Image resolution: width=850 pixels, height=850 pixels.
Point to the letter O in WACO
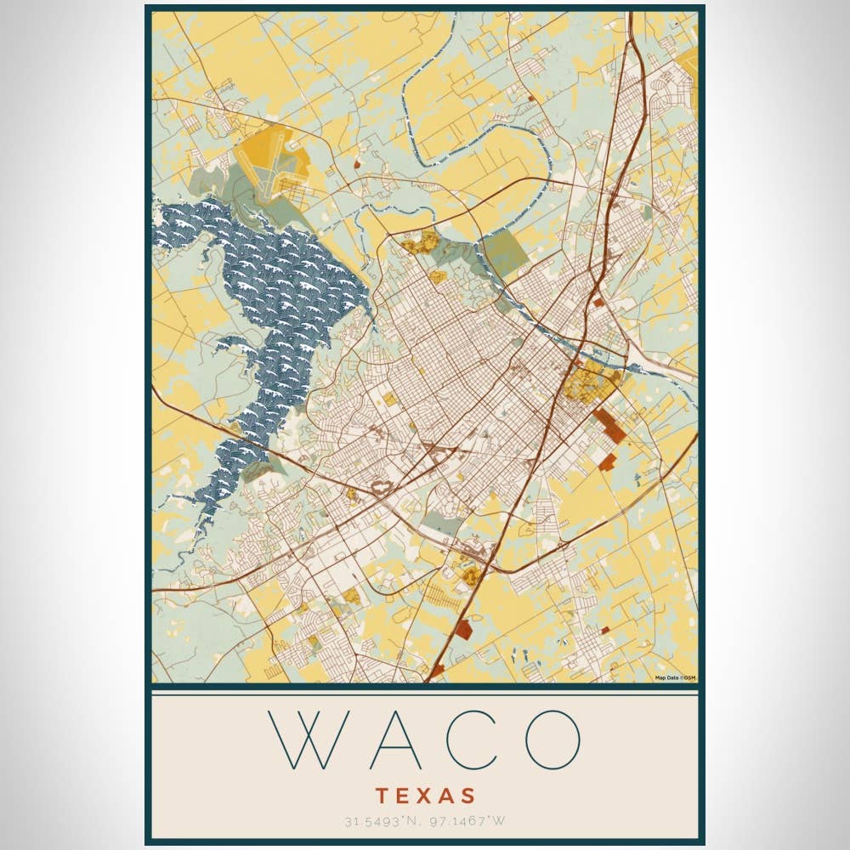[x=552, y=739]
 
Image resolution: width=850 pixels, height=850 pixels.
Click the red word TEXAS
[x=425, y=796]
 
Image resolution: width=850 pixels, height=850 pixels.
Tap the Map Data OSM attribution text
[x=675, y=677]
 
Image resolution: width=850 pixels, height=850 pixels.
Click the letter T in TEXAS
[x=382, y=796]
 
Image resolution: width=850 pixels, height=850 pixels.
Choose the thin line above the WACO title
[x=425, y=694]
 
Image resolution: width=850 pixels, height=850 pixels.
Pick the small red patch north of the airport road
[x=358, y=165]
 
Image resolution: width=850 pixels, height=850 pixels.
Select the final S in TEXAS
[x=467, y=796]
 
